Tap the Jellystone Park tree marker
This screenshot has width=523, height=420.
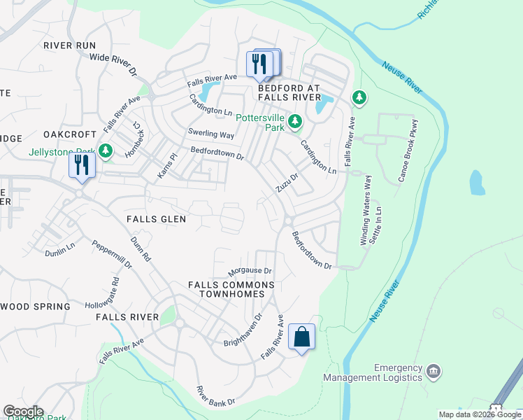click(x=105, y=151)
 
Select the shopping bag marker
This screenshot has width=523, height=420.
click(x=301, y=337)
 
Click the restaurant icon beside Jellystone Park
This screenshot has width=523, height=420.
click(x=82, y=166)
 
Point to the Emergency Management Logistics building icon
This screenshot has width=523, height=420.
click(x=433, y=370)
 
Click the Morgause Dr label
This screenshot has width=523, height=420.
click(x=250, y=271)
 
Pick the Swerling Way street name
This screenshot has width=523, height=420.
click(x=210, y=134)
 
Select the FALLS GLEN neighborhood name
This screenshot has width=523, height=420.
click(x=156, y=219)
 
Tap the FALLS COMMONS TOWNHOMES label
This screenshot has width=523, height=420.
click(x=227, y=290)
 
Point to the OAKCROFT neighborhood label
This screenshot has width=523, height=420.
click(x=69, y=134)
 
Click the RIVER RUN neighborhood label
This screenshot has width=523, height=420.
click(x=69, y=45)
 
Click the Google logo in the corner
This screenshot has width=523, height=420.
click(x=23, y=412)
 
